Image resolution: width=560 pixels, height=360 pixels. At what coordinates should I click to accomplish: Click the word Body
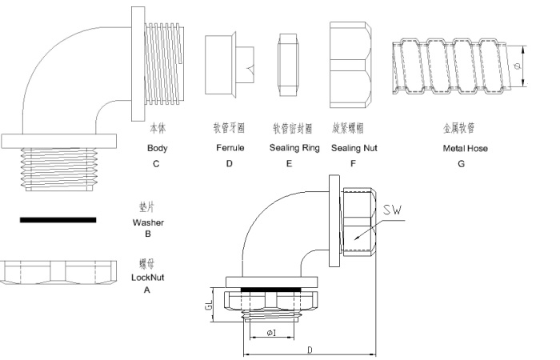tap(158, 149)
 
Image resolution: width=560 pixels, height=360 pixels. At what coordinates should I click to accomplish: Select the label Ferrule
tap(230, 149)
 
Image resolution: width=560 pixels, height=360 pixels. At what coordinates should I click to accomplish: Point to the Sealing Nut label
tap(354, 149)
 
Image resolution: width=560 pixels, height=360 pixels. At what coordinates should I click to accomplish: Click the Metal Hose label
tap(465, 149)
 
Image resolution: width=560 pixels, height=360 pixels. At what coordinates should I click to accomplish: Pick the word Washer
tap(147, 222)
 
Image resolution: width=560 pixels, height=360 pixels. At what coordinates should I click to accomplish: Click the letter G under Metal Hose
tap(461, 164)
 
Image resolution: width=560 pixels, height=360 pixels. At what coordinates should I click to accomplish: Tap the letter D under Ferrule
tap(229, 164)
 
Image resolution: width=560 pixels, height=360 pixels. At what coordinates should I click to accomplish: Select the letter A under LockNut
tap(146, 290)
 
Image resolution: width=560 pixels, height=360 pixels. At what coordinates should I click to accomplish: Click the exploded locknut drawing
tap(56, 270)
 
